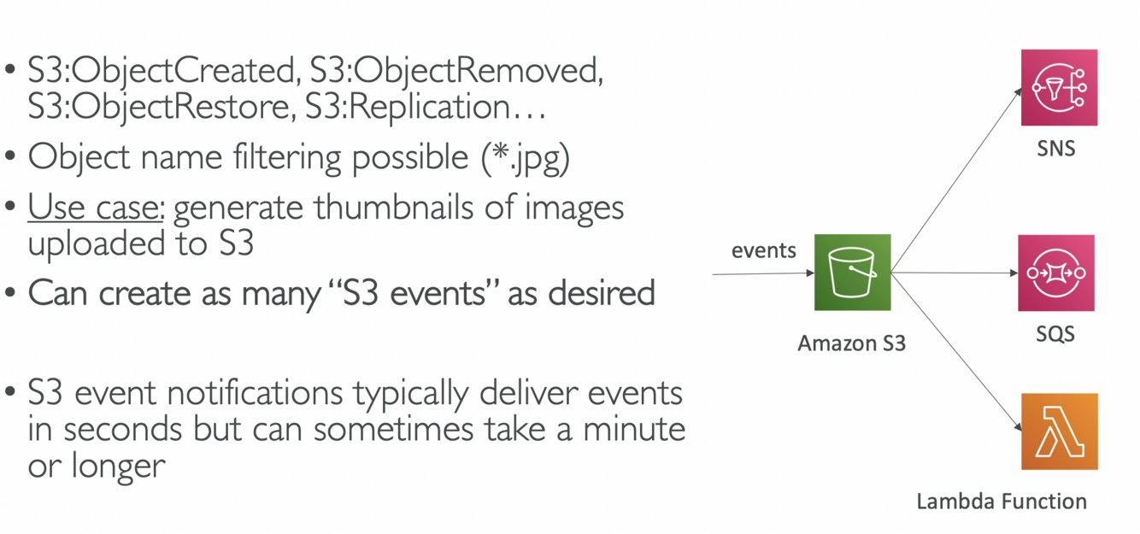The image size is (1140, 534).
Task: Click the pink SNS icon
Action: (x=1059, y=87)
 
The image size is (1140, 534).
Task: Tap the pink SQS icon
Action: (x=1055, y=273)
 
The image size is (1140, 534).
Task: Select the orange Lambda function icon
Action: (x=1059, y=431)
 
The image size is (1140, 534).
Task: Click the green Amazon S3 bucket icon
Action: (x=852, y=272)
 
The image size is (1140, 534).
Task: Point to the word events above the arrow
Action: (x=763, y=250)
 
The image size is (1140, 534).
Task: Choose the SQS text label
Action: (x=1055, y=334)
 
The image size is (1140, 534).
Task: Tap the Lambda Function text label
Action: (x=1002, y=501)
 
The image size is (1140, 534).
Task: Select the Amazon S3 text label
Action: (x=851, y=343)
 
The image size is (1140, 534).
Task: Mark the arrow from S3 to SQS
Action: (x=953, y=273)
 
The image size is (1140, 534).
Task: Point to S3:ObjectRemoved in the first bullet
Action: (x=453, y=71)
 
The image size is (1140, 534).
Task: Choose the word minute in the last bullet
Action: (x=634, y=429)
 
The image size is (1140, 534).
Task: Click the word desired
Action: (x=602, y=293)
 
